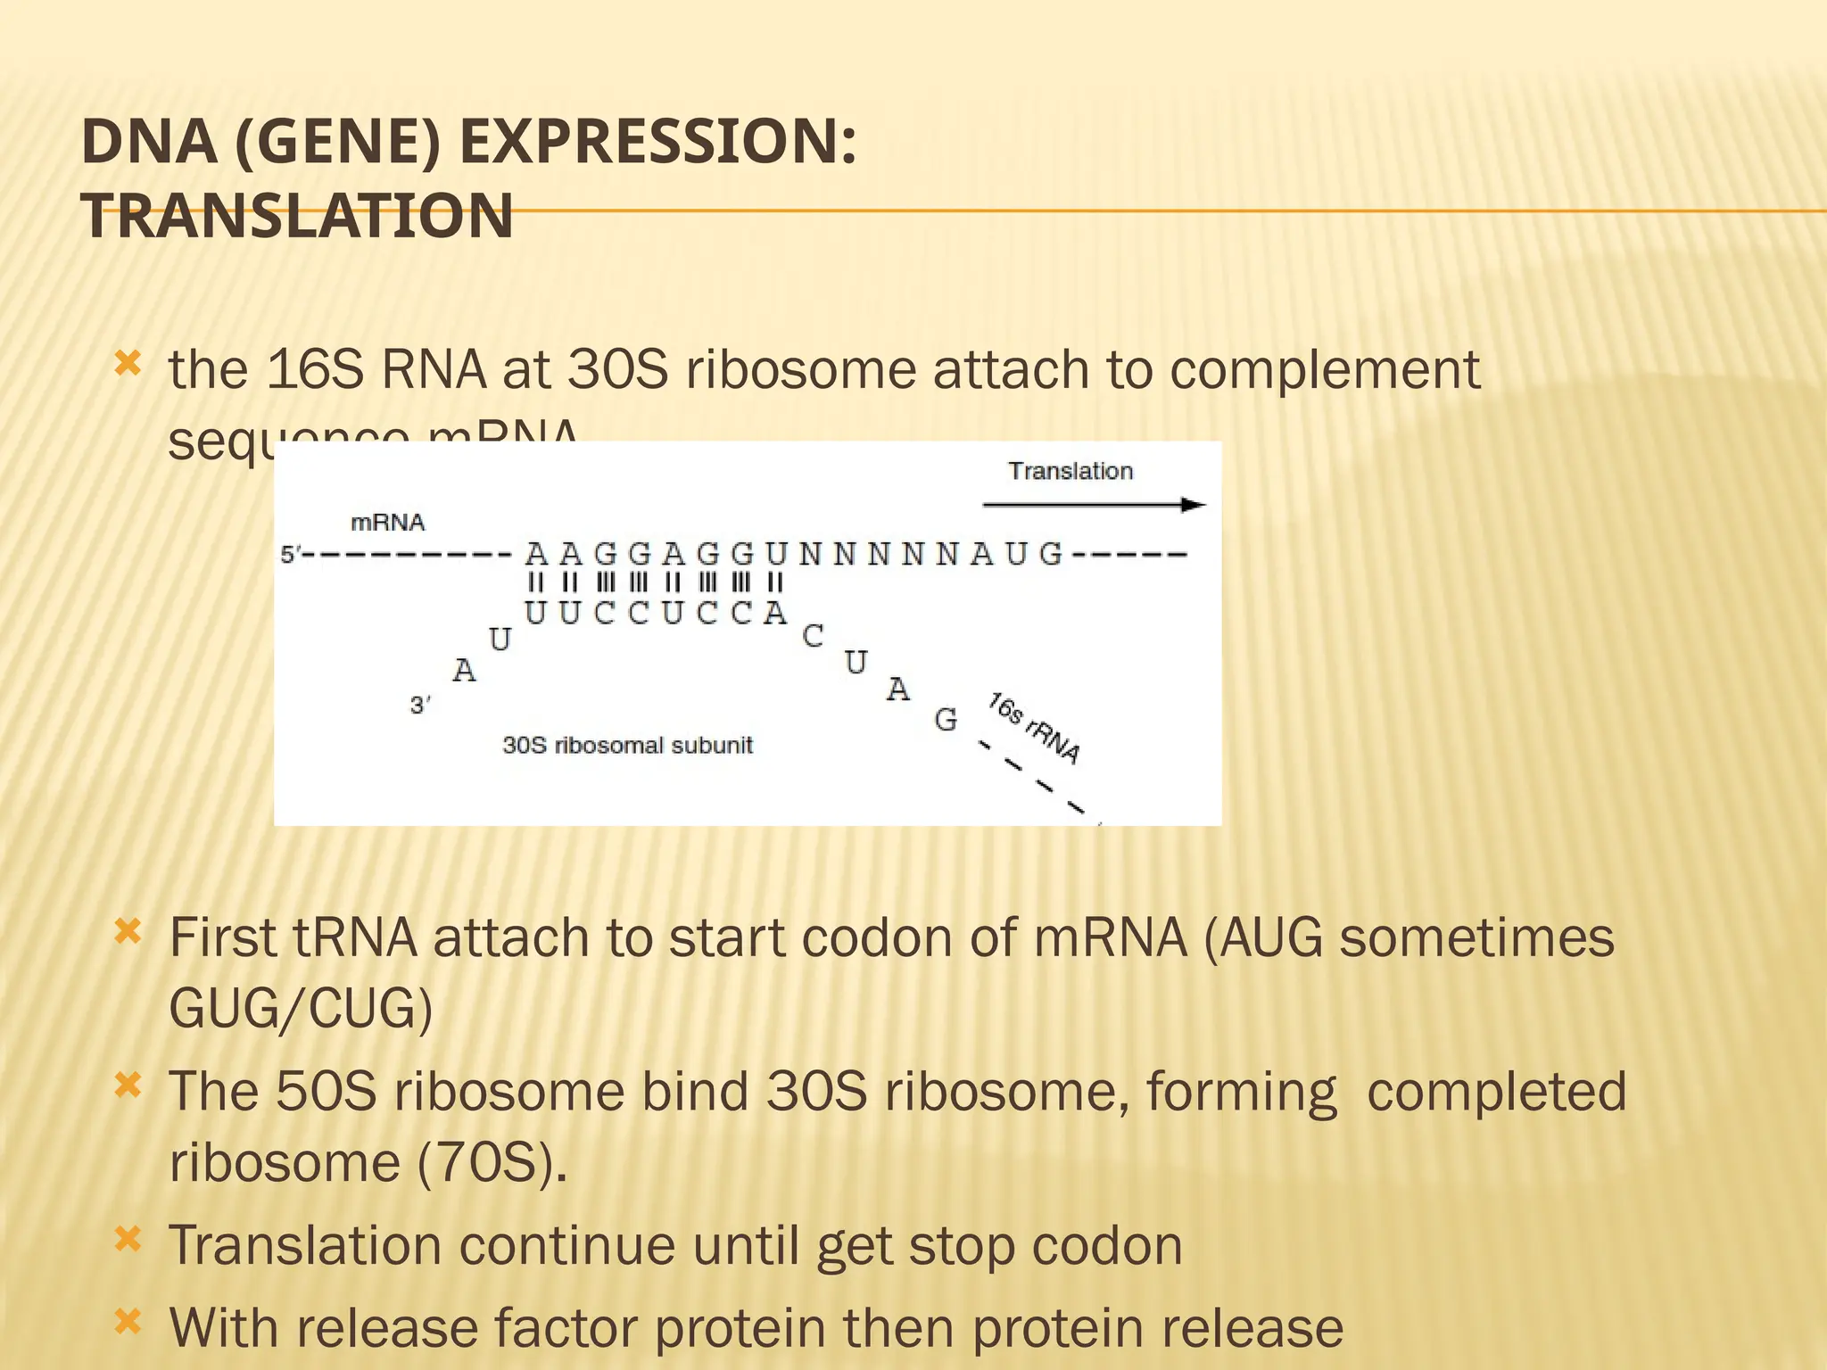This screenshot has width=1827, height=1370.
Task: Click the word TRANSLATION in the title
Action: click(297, 217)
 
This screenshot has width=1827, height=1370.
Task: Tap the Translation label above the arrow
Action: click(1070, 471)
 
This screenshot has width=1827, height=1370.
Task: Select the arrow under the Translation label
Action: click(1093, 505)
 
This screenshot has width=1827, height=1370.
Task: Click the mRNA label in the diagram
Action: click(387, 523)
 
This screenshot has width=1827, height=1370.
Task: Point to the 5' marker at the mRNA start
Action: click(291, 555)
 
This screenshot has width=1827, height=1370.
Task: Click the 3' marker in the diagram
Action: click(420, 706)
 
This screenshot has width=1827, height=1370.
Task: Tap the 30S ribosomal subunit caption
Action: click(627, 745)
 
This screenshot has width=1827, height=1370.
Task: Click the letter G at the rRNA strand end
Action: click(946, 719)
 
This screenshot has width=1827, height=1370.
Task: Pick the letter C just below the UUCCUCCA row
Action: click(813, 636)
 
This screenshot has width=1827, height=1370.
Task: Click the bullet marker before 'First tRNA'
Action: click(128, 933)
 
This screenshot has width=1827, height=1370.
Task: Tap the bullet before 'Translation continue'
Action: click(128, 1239)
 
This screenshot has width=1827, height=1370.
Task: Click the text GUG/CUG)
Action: click(301, 1009)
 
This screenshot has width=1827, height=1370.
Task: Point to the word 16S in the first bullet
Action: click(315, 369)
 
